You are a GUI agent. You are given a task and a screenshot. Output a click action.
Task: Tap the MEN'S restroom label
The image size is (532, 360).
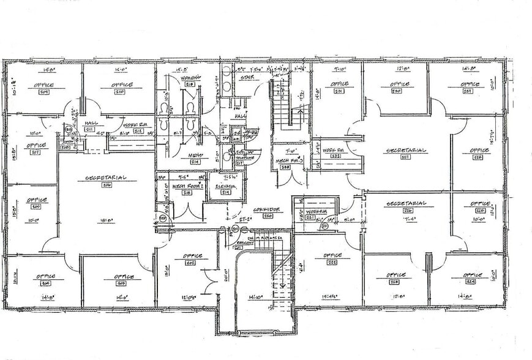click(x=194, y=155)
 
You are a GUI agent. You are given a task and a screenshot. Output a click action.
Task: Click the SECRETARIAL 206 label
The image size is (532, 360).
click(x=107, y=178)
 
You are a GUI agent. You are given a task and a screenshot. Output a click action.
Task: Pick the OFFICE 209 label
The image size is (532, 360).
click(x=44, y=85)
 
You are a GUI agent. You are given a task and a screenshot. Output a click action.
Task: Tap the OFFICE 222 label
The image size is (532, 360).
click(x=332, y=255)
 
